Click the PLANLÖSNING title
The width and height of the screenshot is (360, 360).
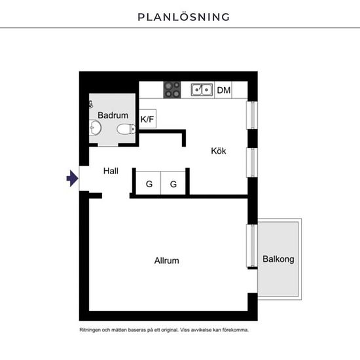tap(183, 17)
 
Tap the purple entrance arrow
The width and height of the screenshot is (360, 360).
tap(72, 179)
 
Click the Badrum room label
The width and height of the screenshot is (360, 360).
tap(113, 115)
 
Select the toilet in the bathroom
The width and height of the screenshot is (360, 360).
tap(126, 129)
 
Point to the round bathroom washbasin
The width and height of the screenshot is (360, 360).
tap(96, 128)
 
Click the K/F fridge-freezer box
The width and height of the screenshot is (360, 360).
tap(148, 118)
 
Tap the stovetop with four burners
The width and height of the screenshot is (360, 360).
tap(172, 90)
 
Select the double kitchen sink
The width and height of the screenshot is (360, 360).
tap(202, 90)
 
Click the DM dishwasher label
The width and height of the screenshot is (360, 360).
tap(224, 90)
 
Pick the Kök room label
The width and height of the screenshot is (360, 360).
tap(219, 151)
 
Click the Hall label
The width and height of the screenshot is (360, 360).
tap(111, 171)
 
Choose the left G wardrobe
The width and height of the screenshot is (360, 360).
tap(149, 183)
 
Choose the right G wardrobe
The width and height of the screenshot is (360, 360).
tap(173, 183)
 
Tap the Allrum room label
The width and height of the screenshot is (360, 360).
tap(167, 261)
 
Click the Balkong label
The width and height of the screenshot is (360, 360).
tap(278, 259)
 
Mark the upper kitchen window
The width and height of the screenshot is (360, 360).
tap(252, 115)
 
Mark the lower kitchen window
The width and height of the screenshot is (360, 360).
tap(252, 162)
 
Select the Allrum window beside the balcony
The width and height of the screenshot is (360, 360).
tap(252, 245)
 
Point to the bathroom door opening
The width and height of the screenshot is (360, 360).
tap(108, 145)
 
